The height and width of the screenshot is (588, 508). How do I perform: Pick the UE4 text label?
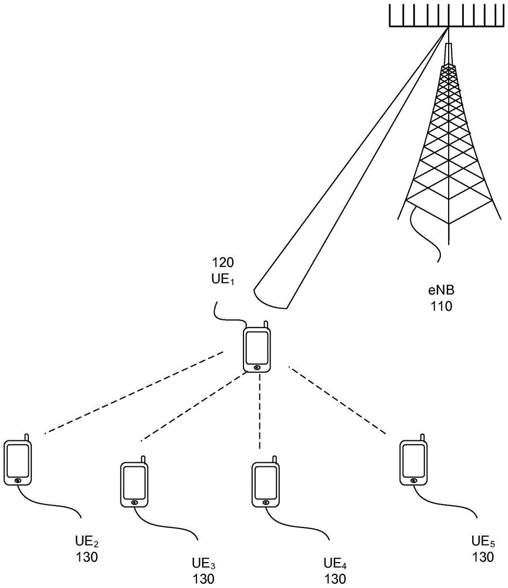(335, 563)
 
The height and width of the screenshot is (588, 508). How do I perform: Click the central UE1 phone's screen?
(257, 348)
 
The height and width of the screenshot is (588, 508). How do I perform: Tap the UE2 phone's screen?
(18, 459)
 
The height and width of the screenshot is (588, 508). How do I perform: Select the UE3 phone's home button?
(135, 502)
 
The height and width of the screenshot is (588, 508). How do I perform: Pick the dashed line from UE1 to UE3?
(190, 409)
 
